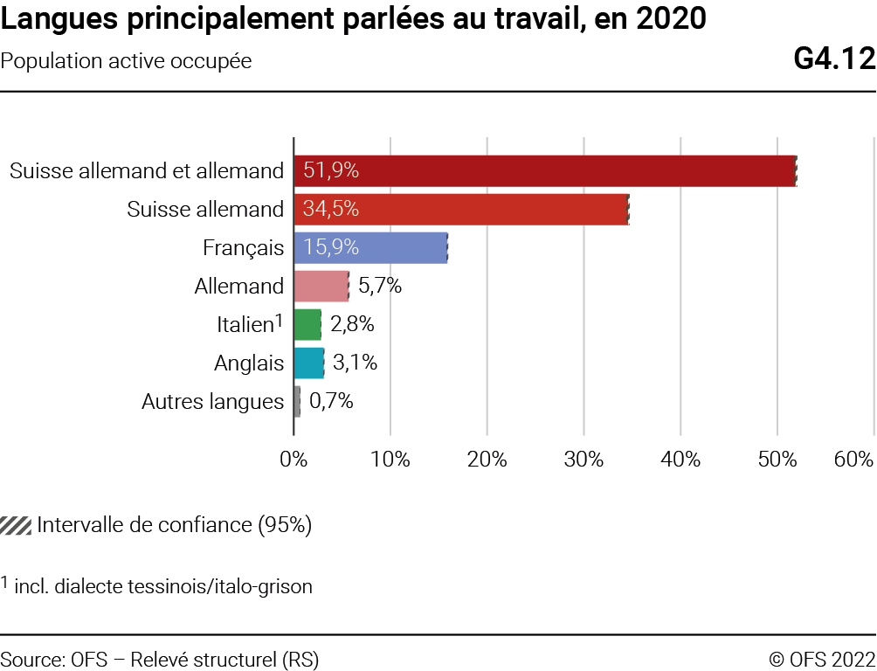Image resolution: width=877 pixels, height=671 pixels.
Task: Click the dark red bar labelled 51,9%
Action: [x=544, y=170]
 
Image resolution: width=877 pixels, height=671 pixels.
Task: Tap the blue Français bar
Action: [x=370, y=247]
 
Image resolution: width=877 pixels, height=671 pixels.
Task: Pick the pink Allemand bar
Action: [x=321, y=286]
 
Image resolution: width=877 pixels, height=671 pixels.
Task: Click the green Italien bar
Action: [x=307, y=324]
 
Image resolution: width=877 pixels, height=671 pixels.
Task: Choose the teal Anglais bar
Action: [x=308, y=363]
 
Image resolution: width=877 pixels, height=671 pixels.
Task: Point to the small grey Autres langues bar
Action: [x=297, y=401]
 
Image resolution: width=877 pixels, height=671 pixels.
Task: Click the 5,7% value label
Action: [x=380, y=286]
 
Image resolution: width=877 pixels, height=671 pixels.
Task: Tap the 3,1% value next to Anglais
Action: [x=355, y=363]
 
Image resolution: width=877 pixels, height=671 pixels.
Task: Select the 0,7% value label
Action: [x=331, y=401]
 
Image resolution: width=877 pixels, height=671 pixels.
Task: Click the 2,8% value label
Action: [x=352, y=324]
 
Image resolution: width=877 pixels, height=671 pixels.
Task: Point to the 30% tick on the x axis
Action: [x=584, y=460]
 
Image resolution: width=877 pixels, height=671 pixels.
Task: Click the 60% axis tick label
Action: [x=853, y=460]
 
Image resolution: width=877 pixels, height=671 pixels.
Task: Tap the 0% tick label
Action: [x=293, y=460]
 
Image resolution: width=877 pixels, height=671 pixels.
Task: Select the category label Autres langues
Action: [x=212, y=401]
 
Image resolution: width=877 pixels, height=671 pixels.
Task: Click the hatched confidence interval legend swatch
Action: [x=17, y=525]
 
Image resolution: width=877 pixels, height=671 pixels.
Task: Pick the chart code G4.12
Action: [x=833, y=59]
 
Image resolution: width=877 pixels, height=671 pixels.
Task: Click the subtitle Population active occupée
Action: [x=127, y=61]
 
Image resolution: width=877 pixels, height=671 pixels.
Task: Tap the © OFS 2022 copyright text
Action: [x=821, y=660]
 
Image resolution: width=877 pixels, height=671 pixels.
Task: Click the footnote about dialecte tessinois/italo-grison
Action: [x=162, y=586]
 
